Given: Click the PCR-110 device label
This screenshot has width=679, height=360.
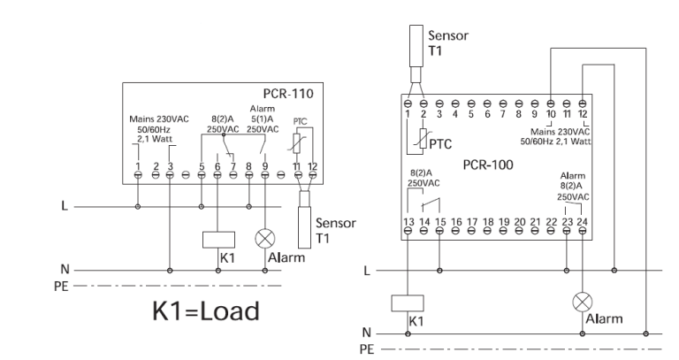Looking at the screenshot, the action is pos(288,94).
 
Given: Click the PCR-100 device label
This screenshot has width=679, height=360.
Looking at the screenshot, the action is pos(488,165).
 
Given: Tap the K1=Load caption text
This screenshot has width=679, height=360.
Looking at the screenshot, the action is pos(206,311).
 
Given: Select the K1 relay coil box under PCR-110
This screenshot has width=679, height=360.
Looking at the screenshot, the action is pos(218,240).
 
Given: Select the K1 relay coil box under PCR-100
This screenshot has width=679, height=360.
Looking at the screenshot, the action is pos(408,303).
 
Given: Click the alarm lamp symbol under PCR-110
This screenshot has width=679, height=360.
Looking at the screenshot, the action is pos(265,239).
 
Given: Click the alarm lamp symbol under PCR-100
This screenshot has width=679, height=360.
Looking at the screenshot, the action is pos(583,302).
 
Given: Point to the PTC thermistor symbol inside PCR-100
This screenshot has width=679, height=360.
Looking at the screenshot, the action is pos(423,139).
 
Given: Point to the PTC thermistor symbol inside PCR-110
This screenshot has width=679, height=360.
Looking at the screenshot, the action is pos(297,143).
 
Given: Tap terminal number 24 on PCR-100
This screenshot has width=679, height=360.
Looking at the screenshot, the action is pos(583,222).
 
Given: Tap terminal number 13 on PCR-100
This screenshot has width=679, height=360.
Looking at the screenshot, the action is pos(408,222).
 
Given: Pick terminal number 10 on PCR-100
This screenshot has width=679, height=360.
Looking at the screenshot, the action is pos(551,114).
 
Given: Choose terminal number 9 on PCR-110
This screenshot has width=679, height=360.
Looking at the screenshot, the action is pos(265,166).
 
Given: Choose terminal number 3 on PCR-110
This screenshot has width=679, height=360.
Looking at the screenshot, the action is pos(170,166).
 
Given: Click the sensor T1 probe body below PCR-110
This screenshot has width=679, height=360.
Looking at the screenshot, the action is pos(304,227).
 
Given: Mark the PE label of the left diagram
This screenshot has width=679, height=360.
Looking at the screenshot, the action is pos(61,287).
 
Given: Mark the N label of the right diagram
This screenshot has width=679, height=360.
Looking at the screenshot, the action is pos(367,333).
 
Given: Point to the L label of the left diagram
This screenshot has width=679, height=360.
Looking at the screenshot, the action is pos(65,206).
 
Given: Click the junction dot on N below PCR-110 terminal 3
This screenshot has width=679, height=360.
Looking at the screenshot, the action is pos(170,271).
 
